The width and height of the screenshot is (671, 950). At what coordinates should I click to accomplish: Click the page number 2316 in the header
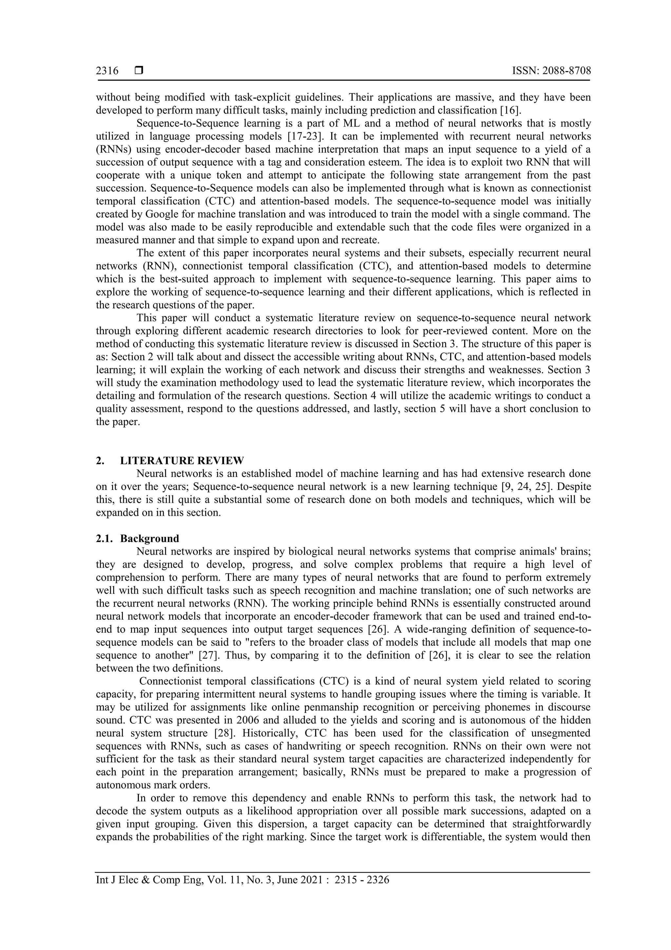tap(107, 71)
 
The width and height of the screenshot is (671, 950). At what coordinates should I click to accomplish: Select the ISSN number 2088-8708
tap(566, 71)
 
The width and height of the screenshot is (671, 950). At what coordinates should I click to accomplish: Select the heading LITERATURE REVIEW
tap(182, 460)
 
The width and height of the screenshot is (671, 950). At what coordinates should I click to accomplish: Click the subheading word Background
tap(150, 538)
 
